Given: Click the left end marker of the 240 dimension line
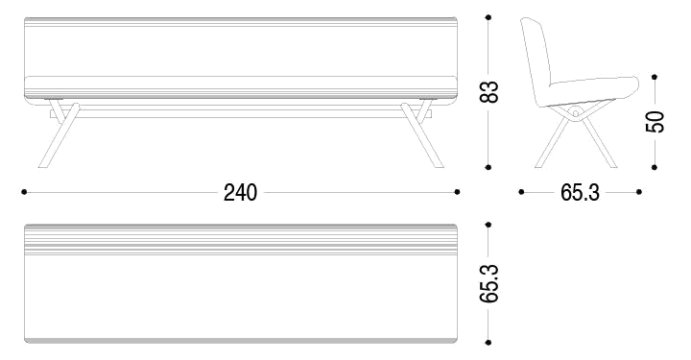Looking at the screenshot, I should tap(22, 192).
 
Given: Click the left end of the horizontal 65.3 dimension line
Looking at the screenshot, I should tap(520, 192).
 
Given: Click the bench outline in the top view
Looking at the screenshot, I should tap(240, 288).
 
